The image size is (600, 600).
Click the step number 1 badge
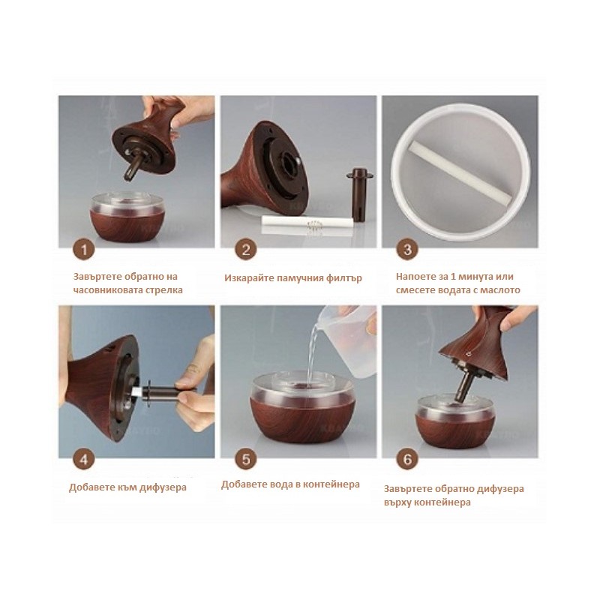coord(84,250)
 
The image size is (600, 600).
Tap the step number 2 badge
coord(246,250)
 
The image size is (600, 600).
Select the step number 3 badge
coord(407,250)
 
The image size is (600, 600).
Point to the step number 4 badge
coord(84,459)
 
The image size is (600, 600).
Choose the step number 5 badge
coord(246,459)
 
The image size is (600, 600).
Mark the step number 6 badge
coord(407,459)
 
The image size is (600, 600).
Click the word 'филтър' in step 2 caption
coord(343,278)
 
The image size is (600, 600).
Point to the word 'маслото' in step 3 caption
coord(500,290)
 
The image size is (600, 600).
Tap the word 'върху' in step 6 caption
coord(397,502)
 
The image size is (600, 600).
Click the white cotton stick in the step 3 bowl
coord(460,172)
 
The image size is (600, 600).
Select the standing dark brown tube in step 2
coord(359,194)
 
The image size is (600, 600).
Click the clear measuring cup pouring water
coord(347,340)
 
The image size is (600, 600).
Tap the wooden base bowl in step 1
coord(127,217)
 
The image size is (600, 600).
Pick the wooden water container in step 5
coord(302,408)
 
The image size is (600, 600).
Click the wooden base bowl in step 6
coord(455,421)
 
